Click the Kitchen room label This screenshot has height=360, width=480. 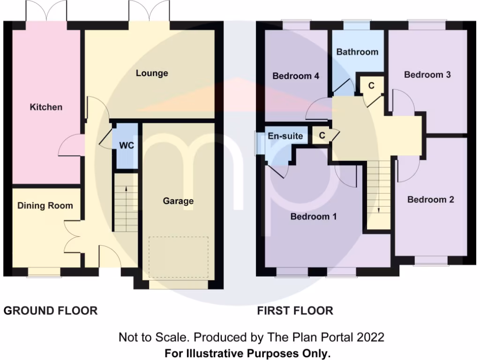46,107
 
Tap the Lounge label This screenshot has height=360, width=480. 152,73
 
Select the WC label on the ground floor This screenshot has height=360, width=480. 127,146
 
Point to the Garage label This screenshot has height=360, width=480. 178,201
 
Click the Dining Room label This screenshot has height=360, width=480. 45,205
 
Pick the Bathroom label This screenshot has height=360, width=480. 357,52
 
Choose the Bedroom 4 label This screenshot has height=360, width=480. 296,76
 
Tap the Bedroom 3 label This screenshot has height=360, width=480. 427,75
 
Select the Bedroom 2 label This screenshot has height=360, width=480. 430,200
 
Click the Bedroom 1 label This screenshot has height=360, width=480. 314,217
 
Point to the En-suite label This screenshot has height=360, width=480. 285,136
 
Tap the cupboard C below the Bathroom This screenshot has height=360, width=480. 371,86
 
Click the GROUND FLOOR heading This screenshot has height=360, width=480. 51,310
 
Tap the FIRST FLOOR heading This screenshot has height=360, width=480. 295,310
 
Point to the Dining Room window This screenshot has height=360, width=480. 44,271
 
